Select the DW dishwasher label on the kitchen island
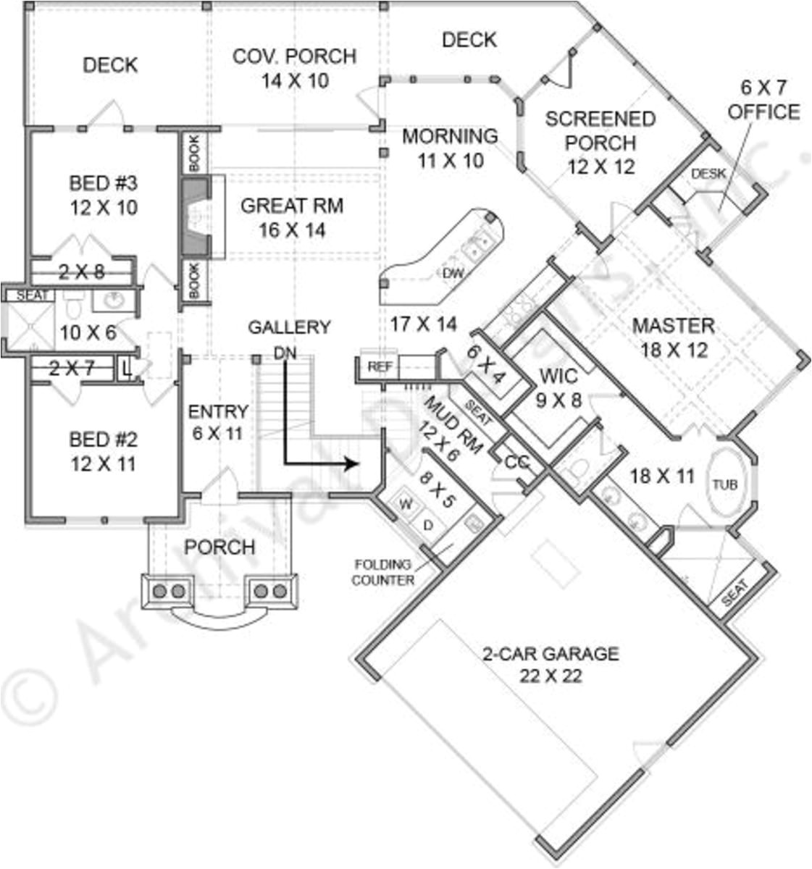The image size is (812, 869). [x=453, y=272]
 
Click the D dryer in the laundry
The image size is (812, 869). [x=427, y=524]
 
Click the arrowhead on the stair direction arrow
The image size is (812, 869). [x=351, y=463]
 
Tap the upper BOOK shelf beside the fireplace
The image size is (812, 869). [x=194, y=153]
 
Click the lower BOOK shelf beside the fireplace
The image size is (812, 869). [x=194, y=281]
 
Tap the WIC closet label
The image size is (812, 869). [x=558, y=376]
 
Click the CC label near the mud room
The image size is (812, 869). [x=516, y=462]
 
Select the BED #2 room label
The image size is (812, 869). [x=103, y=450]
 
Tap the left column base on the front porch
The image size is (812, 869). [x=168, y=591]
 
